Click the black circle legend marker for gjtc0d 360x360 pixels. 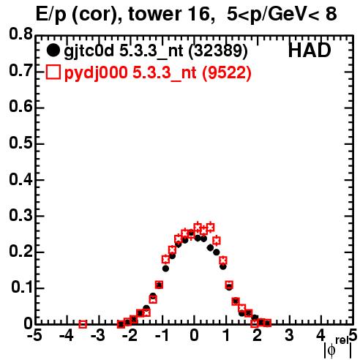53,50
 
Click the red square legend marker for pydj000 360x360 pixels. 53,72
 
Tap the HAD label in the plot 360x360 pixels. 310,50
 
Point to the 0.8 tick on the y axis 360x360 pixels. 20,34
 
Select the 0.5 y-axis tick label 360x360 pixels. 20,143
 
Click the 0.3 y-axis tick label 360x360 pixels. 20,215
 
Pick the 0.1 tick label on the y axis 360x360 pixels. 22,287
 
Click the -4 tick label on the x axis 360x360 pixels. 67,335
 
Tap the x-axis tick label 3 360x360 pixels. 290,335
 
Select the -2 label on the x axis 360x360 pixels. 130,335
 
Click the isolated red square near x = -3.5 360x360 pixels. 83,324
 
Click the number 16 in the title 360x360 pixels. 200,14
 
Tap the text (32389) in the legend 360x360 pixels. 218,51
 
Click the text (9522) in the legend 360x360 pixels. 227,72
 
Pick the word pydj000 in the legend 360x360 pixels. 96,73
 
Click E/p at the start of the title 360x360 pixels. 51,15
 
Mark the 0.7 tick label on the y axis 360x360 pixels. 20,70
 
